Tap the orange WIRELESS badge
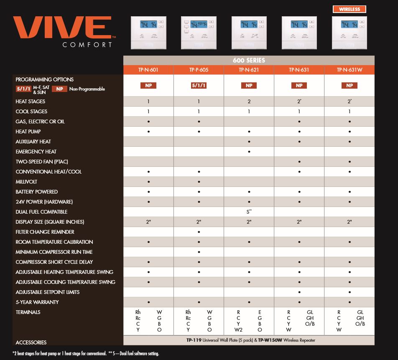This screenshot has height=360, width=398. pos(349,9)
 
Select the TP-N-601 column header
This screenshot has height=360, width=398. pos(148,70)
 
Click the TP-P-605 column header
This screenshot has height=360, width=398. pos(199,70)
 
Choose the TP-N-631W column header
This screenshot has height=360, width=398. pos(349,70)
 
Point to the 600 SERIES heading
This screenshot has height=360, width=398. pos(249,60)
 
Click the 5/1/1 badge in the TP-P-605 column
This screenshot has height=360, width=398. pos(199,86)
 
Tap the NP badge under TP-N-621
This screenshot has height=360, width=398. pos(249,86)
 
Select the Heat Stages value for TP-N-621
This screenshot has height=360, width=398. pos(249,102)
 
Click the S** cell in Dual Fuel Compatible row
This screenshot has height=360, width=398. pos(249,212)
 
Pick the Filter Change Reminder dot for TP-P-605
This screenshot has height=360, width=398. pos(199,232)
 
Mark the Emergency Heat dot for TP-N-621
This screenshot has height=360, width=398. pos(249,152)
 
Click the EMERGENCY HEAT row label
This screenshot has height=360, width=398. pos(36,152)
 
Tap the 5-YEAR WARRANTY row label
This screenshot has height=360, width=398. pos(37,302)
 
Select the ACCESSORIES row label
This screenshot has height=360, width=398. pos(31,342)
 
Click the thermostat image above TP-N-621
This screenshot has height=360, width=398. pos(249,33)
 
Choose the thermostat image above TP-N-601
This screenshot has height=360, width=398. pos(148,33)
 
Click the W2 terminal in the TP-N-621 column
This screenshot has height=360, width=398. pos(239,329)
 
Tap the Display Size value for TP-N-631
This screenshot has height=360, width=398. pos(299,222)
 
